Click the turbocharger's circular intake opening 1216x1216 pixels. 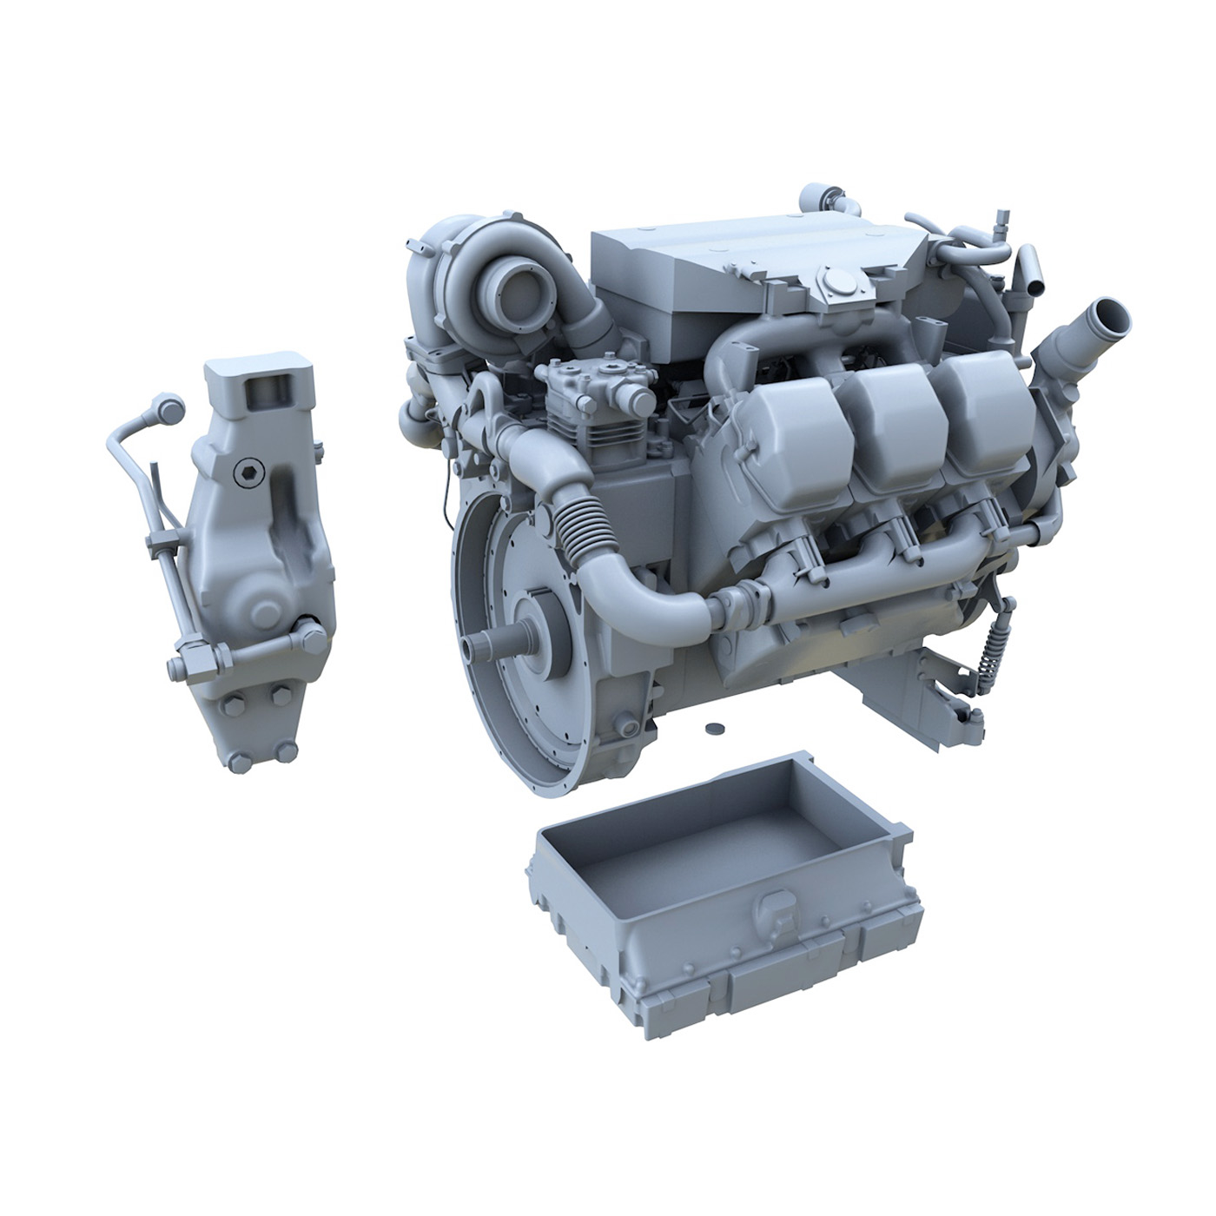519,288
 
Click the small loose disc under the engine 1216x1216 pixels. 715,726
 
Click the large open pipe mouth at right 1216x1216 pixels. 1107,312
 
